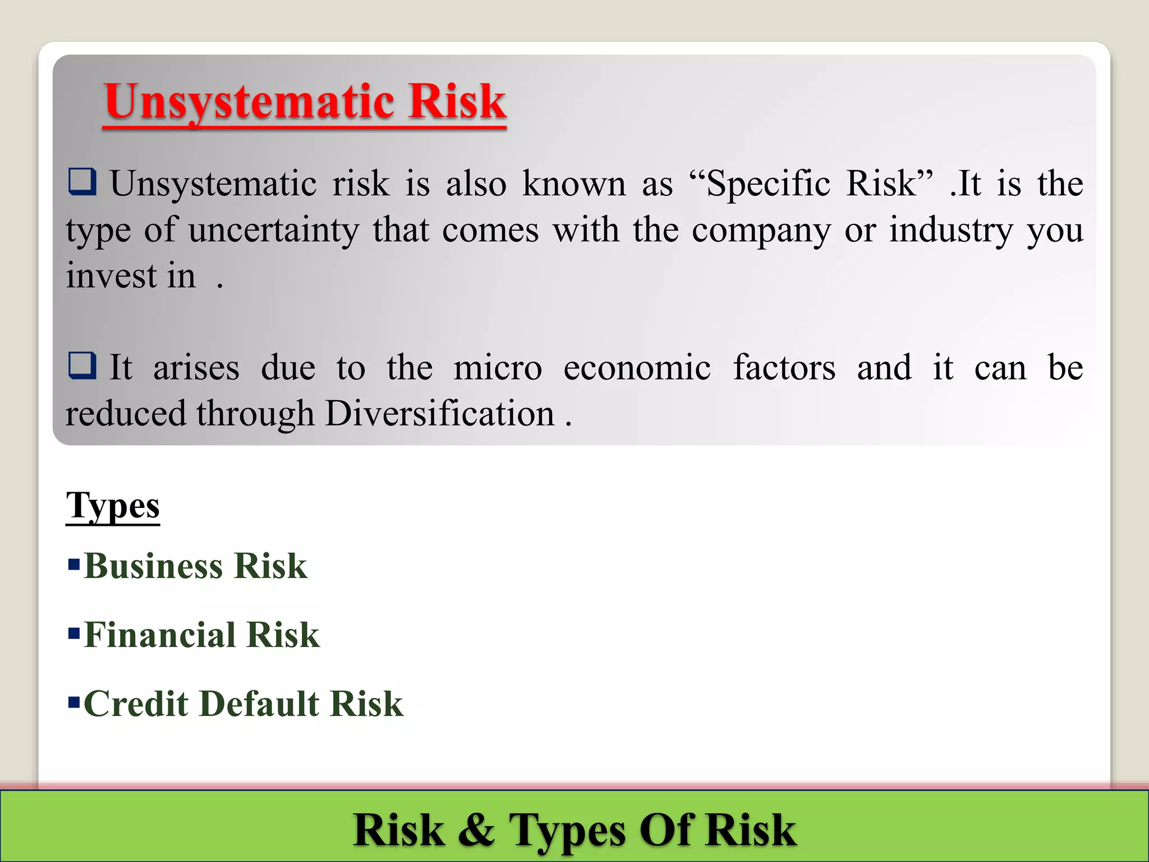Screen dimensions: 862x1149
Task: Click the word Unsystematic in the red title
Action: pyautogui.click(x=249, y=102)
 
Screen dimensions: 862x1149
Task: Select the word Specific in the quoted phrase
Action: pyautogui.click(x=767, y=184)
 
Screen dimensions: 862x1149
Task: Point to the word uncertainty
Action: pyautogui.click(x=273, y=230)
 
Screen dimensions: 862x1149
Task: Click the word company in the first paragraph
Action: pyautogui.click(x=761, y=231)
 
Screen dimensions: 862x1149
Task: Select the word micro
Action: pyautogui.click(x=498, y=368)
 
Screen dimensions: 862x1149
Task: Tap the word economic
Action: pyautogui.click(x=637, y=368)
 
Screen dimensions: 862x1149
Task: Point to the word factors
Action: pyautogui.click(x=784, y=368)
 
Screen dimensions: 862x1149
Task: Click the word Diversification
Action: pyautogui.click(x=440, y=414)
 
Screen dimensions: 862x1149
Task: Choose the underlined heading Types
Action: pyautogui.click(x=113, y=506)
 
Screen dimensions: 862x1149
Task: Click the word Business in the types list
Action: pyautogui.click(x=152, y=566)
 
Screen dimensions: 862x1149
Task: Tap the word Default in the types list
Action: pyautogui.click(x=259, y=704)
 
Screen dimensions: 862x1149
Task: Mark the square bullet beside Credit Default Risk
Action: pyautogui.click(x=73, y=701)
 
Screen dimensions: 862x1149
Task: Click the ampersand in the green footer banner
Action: pyautogui.click(x=476, y=829)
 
